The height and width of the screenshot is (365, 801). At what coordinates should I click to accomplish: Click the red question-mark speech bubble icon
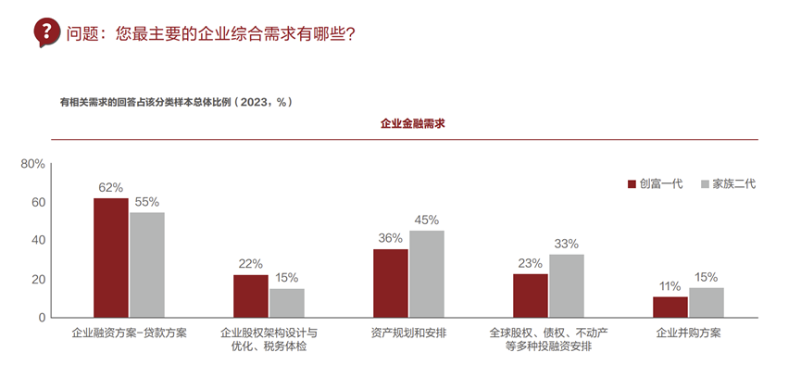pyautogui.click(x=46, y=31)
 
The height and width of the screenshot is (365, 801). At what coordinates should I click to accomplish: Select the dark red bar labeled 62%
pyautogui.click(x=111, y=258)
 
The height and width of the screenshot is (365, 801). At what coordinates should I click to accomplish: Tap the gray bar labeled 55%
pyautogui.click(x=146, y=265)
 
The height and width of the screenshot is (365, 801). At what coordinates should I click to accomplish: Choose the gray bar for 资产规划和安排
pyautogui.click(x=426, y=273)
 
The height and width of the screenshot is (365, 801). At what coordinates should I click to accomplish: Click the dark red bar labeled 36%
pyautogui.click(x=390, y=283)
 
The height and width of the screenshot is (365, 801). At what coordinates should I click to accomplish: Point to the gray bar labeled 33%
pyautogui.click(x=566, y=285)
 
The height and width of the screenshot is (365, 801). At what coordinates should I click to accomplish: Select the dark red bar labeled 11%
pyautogui.click(x=670, y=307)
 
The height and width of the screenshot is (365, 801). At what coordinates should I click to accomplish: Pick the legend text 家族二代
pyautogui.click(x=733, y=184)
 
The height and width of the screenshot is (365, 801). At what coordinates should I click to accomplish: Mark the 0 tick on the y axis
pyautogui.click(x=42, y=318)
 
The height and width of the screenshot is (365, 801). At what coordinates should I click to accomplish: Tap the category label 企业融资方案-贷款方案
pyautogui.click(x=129, y=332)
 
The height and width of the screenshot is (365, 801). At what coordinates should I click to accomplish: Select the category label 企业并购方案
pyautogui.click(x=688, y=332)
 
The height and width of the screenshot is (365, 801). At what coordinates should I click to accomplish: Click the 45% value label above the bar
pyautogui.click(x=426, y=220)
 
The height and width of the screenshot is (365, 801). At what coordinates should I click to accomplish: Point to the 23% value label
pyautogui.click(x=530, y=263)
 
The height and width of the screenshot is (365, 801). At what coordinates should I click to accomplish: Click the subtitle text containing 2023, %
pyautogui.click(x=176, y=101)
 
